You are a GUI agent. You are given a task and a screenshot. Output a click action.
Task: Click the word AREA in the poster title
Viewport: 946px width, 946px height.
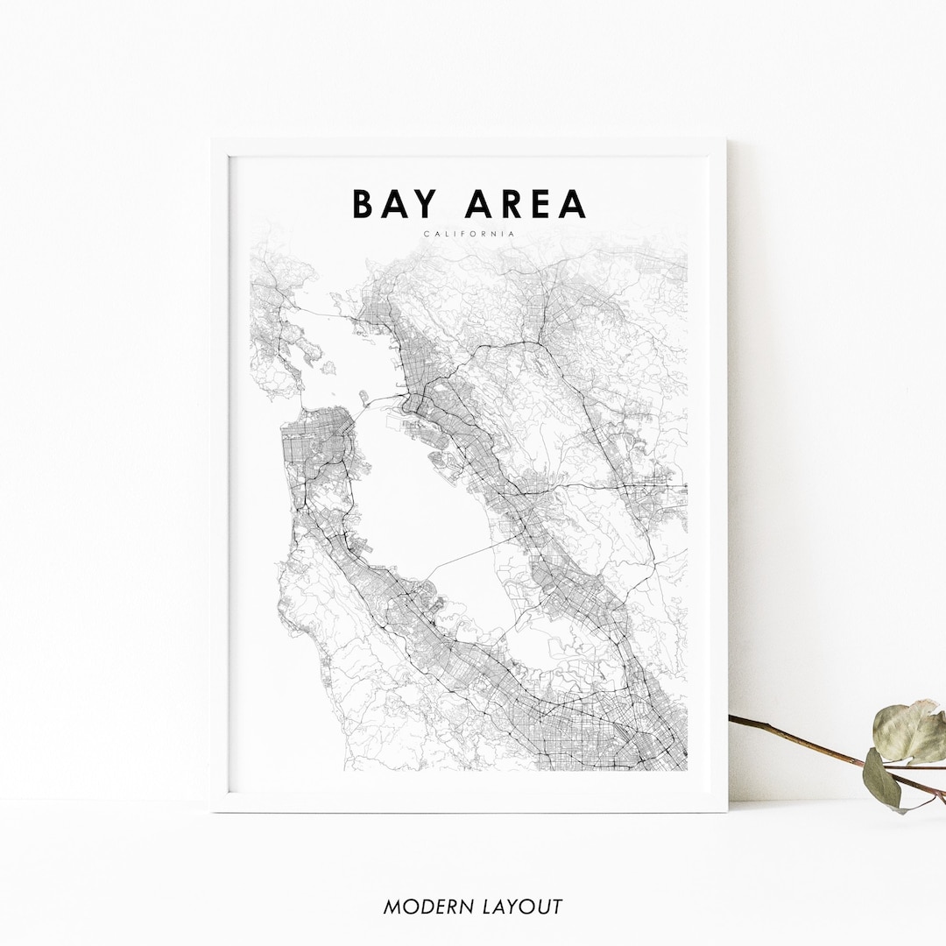pos(526,204)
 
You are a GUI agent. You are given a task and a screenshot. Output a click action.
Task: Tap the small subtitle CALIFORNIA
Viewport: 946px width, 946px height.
pos(469,234)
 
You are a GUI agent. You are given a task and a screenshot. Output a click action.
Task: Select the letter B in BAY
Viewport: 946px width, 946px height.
pos(363,204)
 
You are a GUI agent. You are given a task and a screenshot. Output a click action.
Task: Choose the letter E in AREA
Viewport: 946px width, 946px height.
pos(540,204)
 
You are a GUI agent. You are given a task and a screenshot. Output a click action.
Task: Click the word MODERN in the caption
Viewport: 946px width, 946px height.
pos(426,907)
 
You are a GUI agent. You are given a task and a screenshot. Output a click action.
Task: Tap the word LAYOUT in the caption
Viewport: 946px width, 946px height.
pos(523,907)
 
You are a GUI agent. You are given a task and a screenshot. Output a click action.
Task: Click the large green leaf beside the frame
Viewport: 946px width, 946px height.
pos(907,731)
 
